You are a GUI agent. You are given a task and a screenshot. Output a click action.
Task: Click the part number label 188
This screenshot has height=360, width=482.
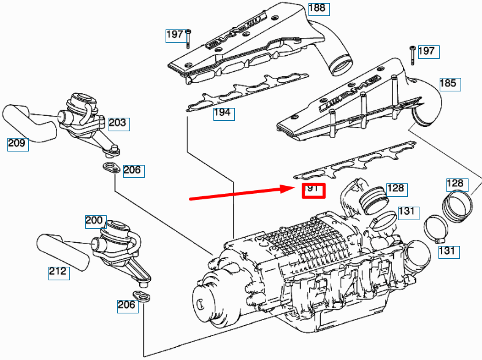pyautogui.click(x=319, y=9)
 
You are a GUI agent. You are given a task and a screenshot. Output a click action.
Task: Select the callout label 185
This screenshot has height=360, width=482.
pyautogui.click(x=450, y=84)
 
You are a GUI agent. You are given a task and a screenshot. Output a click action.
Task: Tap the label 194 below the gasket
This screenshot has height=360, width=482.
pyautogui.click(x=224, y=113)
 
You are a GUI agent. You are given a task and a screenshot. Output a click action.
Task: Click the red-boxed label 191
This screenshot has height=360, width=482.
pyautogui.click(x=313, y=191)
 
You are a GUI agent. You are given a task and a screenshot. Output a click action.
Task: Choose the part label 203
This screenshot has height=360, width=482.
pyautogui.click(x=119, y=124)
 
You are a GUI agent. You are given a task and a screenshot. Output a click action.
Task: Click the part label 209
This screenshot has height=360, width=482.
pyautogui.click(x=18, y=145)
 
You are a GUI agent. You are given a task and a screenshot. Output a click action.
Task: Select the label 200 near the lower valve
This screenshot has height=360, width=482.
pyautogui.click(x=96, y=221)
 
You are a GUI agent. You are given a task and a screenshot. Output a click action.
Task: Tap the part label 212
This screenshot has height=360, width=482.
pyautogui.click(x=59, y=273)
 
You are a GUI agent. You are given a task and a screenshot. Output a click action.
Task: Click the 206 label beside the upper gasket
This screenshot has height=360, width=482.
pyautogui.click(x=134, y=171)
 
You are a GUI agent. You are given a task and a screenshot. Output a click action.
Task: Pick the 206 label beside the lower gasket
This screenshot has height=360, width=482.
pyautogui.click(x=128, y=306)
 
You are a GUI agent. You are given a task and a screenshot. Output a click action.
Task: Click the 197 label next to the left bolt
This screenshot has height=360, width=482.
pyautogui.click(x=176, y=36)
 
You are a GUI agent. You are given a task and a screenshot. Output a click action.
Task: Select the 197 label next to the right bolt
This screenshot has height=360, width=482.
pyautogui.click(x=429, y=52)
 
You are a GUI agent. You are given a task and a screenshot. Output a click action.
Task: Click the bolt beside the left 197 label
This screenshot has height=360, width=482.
pyautogui.click(x=188, y=39)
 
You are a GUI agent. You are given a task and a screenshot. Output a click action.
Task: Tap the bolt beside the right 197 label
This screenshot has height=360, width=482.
pyautogui.click(x=412, y=55)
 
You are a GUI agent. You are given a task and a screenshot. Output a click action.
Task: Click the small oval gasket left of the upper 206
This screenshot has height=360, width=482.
pyautogui.click(x=111, y=168)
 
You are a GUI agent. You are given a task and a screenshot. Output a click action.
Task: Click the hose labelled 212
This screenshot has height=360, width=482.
pyautogui.click(x=63, y=253)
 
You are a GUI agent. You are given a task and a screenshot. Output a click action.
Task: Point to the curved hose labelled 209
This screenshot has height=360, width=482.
pyautogui.click(x=30, y=123)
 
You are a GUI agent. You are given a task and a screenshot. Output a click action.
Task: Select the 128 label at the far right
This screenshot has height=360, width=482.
pyautogui.click(x=457, y=185)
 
